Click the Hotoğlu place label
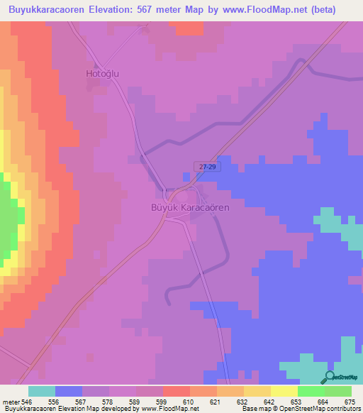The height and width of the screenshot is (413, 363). [x=101, y=73]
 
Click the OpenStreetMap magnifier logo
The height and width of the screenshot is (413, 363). [x=328, y=378]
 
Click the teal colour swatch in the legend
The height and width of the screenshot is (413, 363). [x=42, y=391]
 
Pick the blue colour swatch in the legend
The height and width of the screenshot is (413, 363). [x=69, y=391]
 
